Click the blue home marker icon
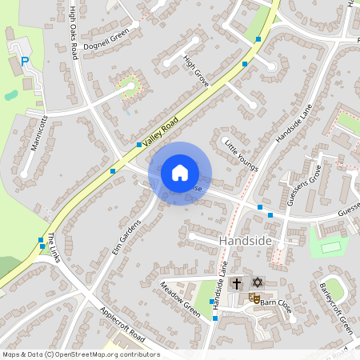tap(180, 172)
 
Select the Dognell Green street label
tap(106, 35)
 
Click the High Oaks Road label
tap(74, 32)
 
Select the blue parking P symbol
tap(25, 60)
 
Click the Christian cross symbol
tap(237, 283)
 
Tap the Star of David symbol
tap(257, 282)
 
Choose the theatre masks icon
tap(254, 298)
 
